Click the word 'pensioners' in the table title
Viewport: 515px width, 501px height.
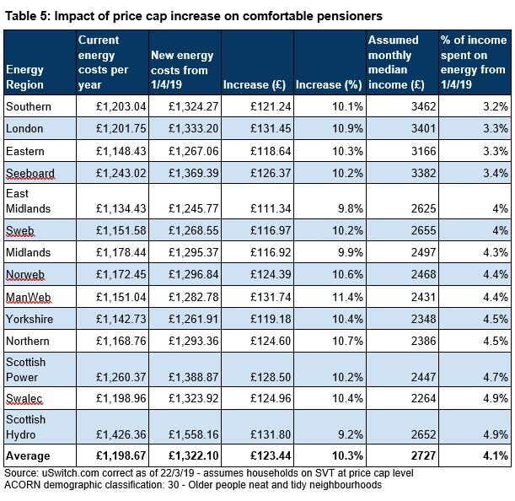(350, 16)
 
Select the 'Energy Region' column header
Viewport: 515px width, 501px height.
(25, 78)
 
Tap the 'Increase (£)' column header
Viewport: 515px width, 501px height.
(255, 84)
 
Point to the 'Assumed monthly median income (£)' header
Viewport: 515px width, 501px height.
(396, 62)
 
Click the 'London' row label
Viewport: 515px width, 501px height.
(24, 128)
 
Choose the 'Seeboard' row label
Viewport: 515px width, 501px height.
(30, 173)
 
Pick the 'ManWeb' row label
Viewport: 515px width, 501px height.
(29, 297)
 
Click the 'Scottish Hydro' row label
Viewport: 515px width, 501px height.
(25, 427)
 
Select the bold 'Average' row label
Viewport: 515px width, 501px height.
(28, 456)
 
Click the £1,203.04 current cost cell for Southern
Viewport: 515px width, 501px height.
(121, 107)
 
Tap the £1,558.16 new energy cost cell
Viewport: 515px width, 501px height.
(194, 434)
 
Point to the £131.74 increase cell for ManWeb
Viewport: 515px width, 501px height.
(271, 297)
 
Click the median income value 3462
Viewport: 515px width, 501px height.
(424, 107)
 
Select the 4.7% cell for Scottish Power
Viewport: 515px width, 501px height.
(496, 377)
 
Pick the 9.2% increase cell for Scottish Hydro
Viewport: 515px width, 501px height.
(351, 434)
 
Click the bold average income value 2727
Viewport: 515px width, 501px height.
(424, 456)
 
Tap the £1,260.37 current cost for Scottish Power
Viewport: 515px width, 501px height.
(121, 377)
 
